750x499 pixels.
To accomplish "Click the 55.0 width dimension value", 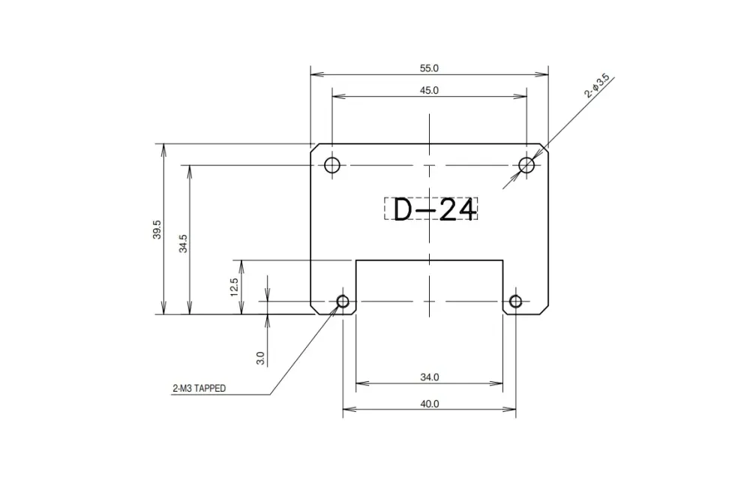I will (429, 68).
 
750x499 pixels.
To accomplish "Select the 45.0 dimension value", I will (429, 90).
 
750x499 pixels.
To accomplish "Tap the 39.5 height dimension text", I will (156, 230).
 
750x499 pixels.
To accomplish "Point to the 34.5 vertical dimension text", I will (183, 243).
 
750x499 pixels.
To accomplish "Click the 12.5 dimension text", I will (234, 287).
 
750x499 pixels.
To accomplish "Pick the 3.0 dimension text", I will (260, 358).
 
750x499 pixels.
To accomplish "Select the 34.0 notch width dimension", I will (430, 377).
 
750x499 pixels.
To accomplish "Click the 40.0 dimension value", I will (430, 404).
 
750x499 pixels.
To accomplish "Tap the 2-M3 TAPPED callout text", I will (199, 389).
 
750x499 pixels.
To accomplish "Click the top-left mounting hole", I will (332, 165).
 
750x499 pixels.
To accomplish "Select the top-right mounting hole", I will (527, 165).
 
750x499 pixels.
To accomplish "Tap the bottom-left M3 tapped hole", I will (343, 302).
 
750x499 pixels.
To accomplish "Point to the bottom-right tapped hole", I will (515, 302).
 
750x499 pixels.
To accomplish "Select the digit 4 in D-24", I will (466, 210).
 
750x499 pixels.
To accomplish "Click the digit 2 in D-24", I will (447, 210).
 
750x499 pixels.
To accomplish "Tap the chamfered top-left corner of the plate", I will (314, 147).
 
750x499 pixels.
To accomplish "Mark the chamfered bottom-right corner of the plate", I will (544, 310).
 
